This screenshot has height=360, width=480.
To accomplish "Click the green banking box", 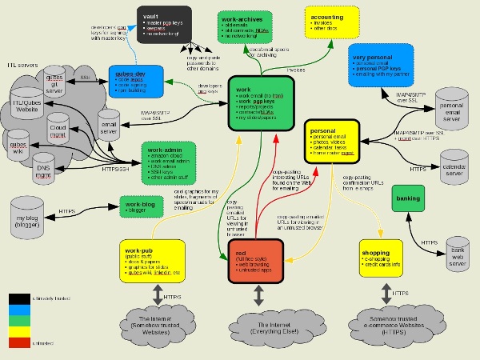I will click(x=411, y=198).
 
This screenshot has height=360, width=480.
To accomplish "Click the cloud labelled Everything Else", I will click(x=257, y=322).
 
